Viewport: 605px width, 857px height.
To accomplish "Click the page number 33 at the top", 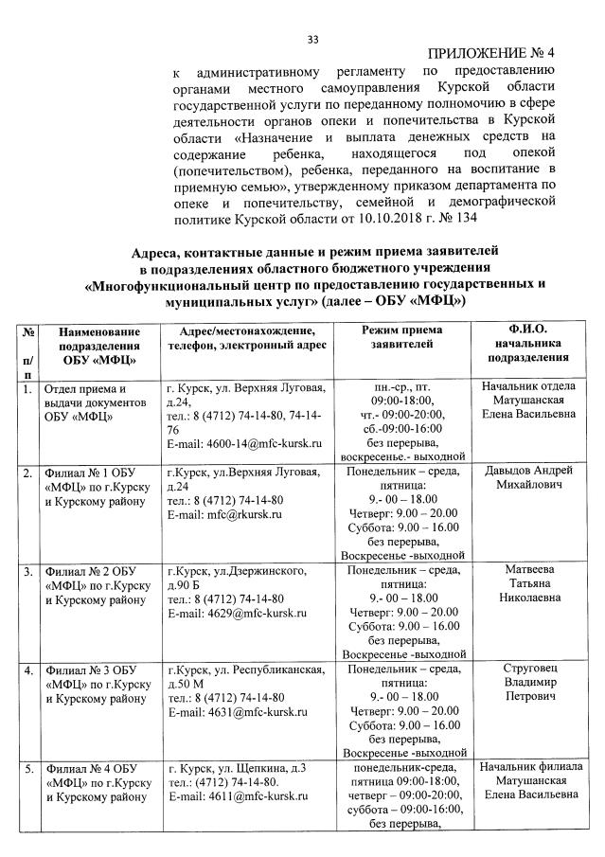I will click(x=313, y=39).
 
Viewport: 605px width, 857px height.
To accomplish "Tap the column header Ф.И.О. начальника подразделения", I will click(x=527, y=344).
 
